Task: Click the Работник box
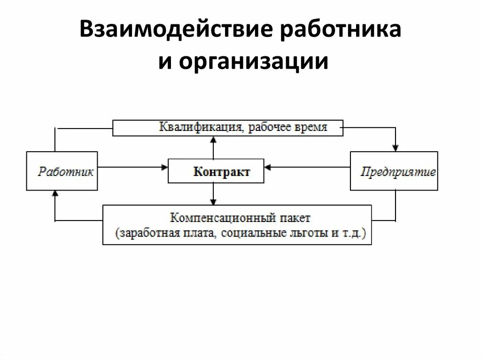[x=62, y=171]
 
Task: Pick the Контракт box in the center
[x=216, y=171]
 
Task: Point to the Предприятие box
[x=394, y=171]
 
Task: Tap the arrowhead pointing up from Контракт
[x=214, y=139]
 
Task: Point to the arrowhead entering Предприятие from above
[x=396, y=148]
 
